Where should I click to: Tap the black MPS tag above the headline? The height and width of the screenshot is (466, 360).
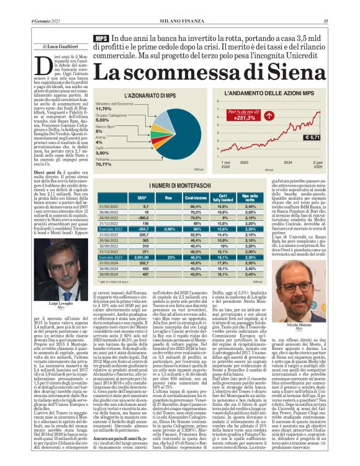(101, 38)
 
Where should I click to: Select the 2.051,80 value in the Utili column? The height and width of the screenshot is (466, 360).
(143, 257)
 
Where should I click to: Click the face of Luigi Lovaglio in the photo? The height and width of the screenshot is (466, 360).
(60, 272)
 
